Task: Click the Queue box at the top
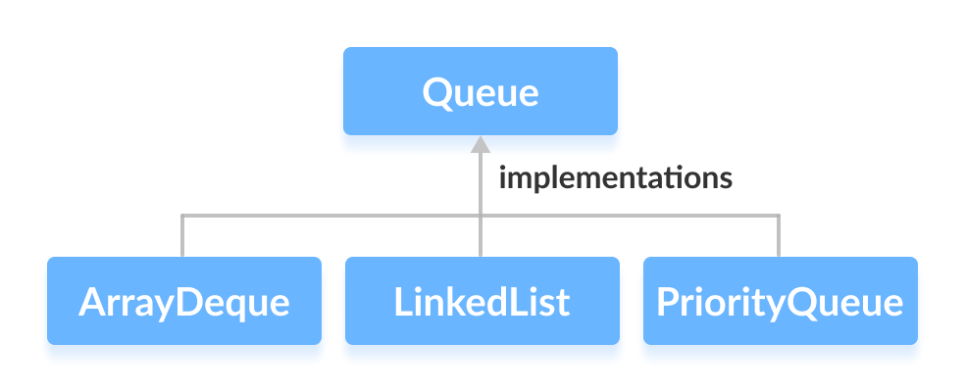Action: coord(480,90)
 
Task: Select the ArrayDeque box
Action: coord(183,301)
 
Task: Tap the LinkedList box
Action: coord(482,301)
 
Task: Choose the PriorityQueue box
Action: coord(780,301)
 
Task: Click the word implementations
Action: coord(616,178)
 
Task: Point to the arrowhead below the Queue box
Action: coord(480,145)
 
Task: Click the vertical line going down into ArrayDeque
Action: coord(182,237)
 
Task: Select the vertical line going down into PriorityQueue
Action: coord(779,237)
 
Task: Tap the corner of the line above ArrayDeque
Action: coord(182,217)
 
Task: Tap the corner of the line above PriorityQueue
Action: coord(779,217)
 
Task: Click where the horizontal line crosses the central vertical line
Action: coord(480,217)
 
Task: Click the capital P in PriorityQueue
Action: coord(666,302)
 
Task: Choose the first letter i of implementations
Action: coord(503,178)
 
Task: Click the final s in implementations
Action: coord(726,180)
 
